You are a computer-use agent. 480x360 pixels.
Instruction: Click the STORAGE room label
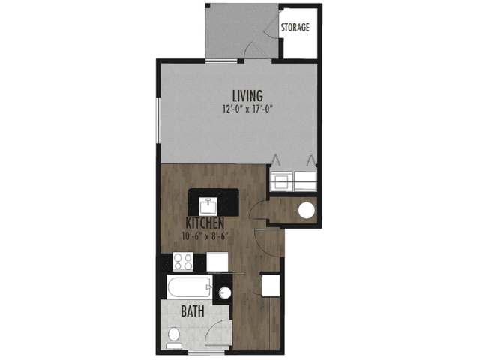(x=295, y=27)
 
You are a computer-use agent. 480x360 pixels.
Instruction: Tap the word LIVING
(x=247, y=96)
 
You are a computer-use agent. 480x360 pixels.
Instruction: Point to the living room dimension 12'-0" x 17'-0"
(x=247, y=109)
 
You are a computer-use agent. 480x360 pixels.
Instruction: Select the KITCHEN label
(x=205, y=223)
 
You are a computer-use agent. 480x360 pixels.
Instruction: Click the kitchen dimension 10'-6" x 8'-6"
(x=205, y=236)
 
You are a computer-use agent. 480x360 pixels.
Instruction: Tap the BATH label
(x=193, y=311)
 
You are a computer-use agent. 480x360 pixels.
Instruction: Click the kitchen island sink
(x=208, y=206)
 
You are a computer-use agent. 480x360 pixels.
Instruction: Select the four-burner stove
(x=183, y=262)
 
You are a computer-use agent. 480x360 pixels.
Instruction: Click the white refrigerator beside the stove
(x=217, y=262)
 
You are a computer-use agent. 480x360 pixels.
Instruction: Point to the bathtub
(x=190, y=286)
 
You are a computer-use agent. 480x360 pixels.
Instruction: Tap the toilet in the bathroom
(x=174, y=337)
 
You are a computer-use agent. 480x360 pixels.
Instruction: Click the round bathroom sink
(x=225, y=292)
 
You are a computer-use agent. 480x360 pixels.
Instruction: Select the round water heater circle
(x=307, y=211)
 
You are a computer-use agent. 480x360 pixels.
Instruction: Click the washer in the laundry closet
(x=282, y=181)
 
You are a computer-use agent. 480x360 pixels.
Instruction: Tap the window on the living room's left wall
(x=158, y=120)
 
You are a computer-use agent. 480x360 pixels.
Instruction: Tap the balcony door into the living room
(x=256, y=51)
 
